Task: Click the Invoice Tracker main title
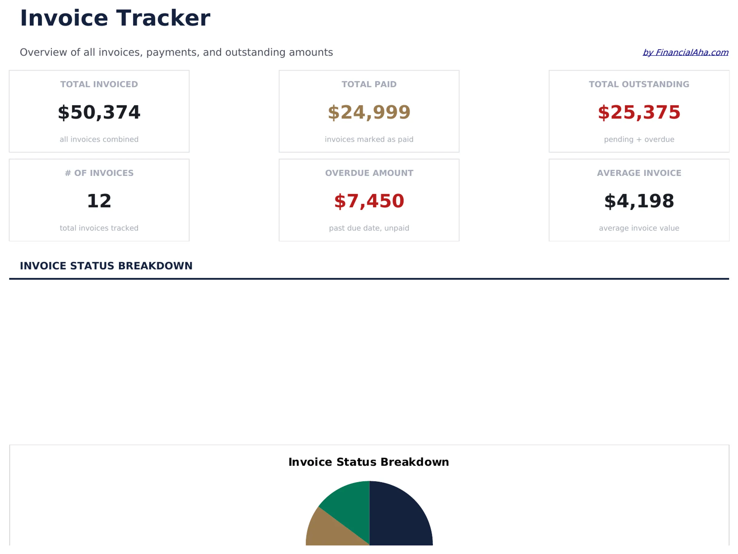click(x=115, y=18)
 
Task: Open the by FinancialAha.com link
click(x=685, y=52)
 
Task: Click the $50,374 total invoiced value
click(x=99, y=112)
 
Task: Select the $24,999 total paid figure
click(x=369, y=112)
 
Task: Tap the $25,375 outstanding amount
click(x=639, y=112)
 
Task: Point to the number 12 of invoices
click(x=99, y=201)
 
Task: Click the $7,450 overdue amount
click(x=369, y=201)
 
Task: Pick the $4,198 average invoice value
click(x=639, y=201)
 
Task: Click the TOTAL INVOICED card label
click(x=99, y=84)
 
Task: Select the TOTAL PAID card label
click(x=369, y=84)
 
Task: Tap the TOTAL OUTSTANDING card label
click(x=639, y=84)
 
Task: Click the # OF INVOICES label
click(x=99, y=173)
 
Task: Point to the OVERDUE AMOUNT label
click(x=369, y=173)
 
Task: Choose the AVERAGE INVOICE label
click(x=639, y=173)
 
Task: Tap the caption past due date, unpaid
click(x=369, y=228)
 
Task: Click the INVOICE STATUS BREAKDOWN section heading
click(x=106, y=266)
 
